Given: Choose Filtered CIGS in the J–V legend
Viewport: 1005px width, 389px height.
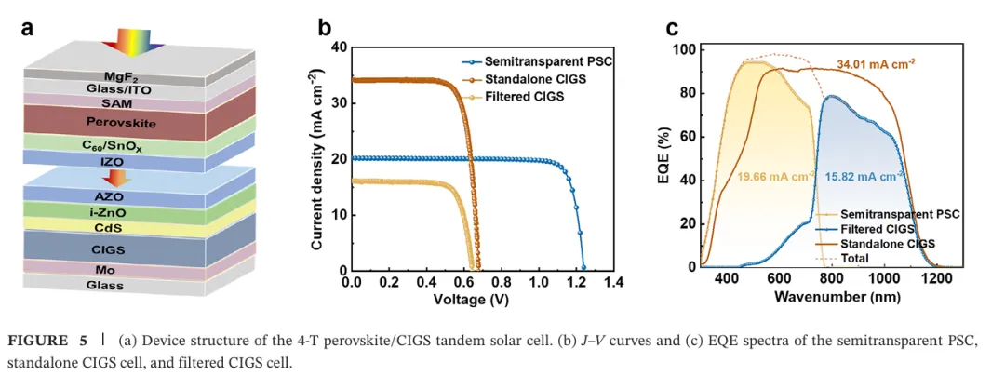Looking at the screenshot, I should click(521, 96).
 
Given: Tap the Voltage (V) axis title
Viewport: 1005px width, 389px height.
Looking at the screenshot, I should click(471, 300).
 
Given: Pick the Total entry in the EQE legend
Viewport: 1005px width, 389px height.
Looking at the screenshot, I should click(855, 257).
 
